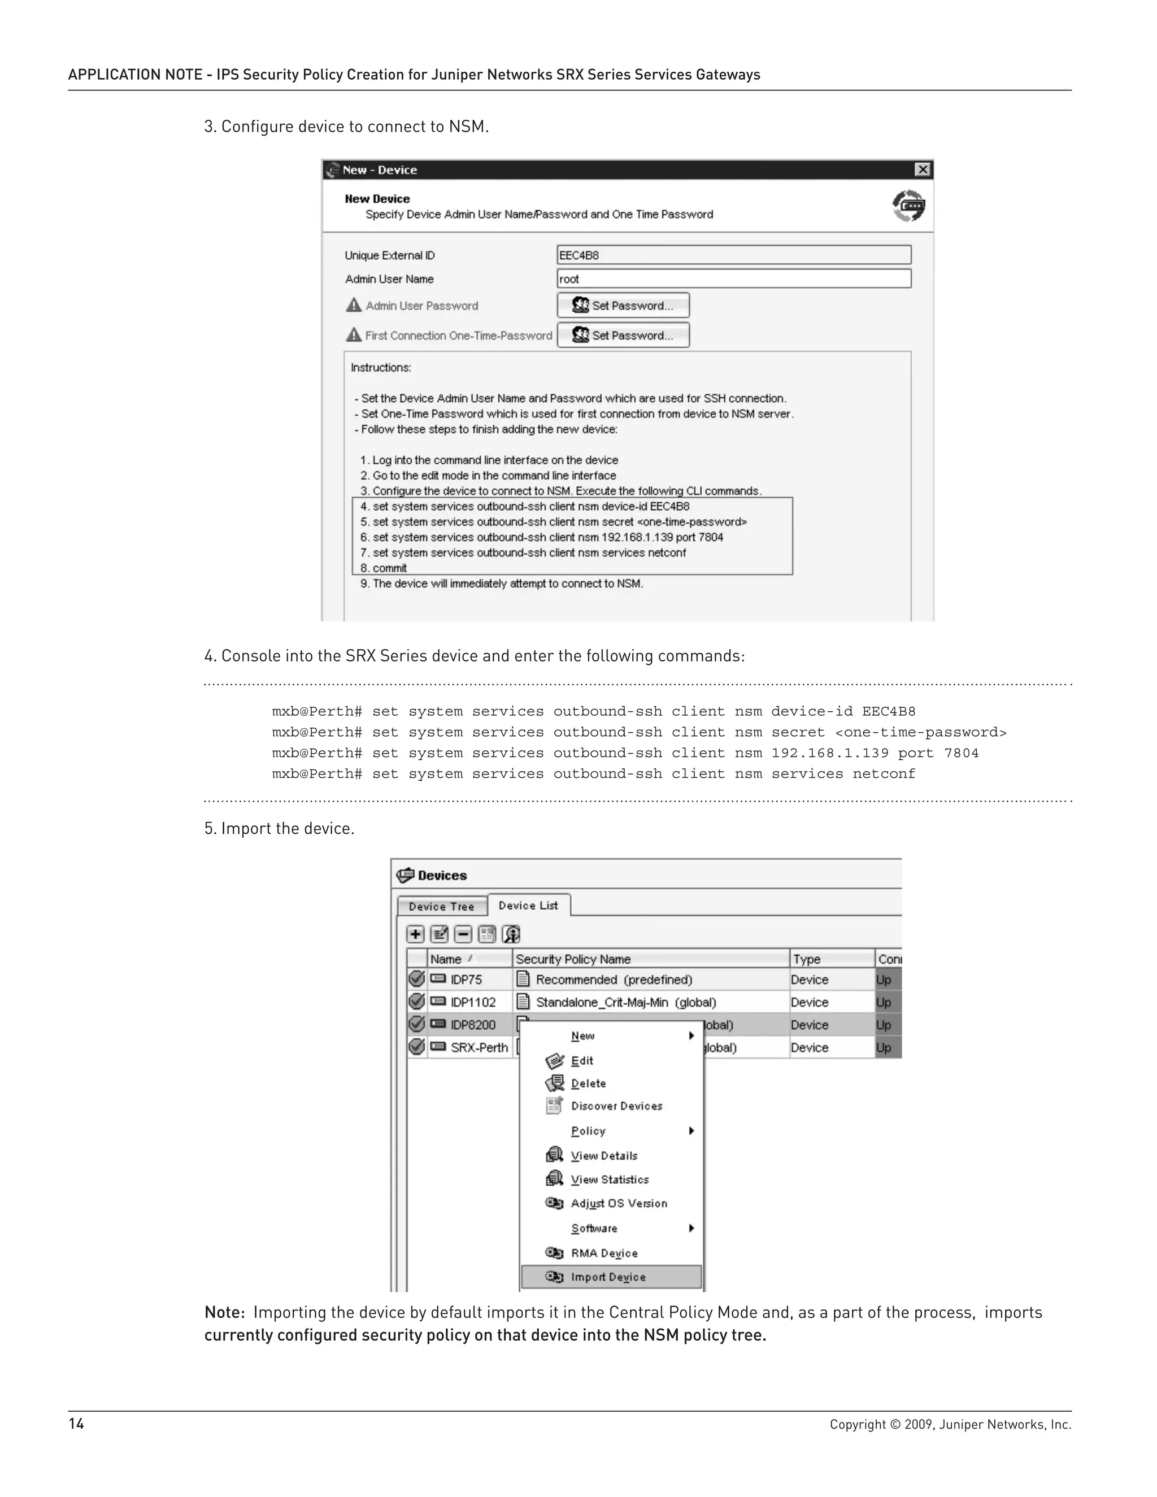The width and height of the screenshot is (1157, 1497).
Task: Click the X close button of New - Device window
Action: [x=923, y=169]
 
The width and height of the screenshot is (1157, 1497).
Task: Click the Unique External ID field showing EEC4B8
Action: [x=733, y=255]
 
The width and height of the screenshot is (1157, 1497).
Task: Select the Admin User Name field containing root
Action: [x=733, y=279]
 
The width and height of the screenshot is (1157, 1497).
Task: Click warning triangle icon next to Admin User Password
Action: [x=354, y=305]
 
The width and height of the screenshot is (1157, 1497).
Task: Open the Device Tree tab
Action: [x=441, y=906]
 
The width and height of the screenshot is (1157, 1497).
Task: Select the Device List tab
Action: [x=528, y=906]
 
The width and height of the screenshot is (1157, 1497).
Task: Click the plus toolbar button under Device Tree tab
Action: [x=415, y=934]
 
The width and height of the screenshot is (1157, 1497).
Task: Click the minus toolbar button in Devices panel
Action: [x=463, y=934]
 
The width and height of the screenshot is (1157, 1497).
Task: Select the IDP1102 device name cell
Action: [x=472, y=1002]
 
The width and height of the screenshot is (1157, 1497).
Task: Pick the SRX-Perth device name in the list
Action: [x=479, y=1047]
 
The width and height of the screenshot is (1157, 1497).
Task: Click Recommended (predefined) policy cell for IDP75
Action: [x=614, y=980]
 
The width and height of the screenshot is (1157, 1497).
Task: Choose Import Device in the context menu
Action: [x=608, y=1277]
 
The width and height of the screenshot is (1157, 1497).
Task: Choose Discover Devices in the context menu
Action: [x=616, y=1106]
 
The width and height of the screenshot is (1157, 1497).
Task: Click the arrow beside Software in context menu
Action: [x=691, y=1228]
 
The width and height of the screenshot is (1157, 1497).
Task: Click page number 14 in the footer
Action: [x=76, y=1424]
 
